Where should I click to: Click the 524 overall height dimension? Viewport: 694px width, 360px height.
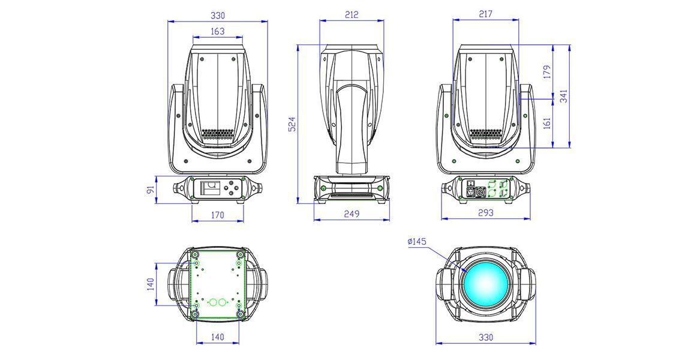(x=292, y=124)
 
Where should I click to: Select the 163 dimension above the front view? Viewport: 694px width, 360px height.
(x=218, y=31)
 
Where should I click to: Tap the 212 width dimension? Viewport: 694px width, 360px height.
(x=351, y=14)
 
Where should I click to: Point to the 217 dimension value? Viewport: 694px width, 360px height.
(x=485, y=14)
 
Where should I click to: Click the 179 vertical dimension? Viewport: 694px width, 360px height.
(x=547, y=72)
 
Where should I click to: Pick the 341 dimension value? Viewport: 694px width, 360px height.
(x=564, y=95)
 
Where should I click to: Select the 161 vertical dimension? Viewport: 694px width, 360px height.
(x=547, y=122)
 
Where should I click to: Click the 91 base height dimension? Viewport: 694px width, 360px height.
(x=151, y=190)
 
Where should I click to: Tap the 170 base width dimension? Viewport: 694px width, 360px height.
(x=217, y=215)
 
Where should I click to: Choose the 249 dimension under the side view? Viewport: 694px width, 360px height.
(x=351, y=214)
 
